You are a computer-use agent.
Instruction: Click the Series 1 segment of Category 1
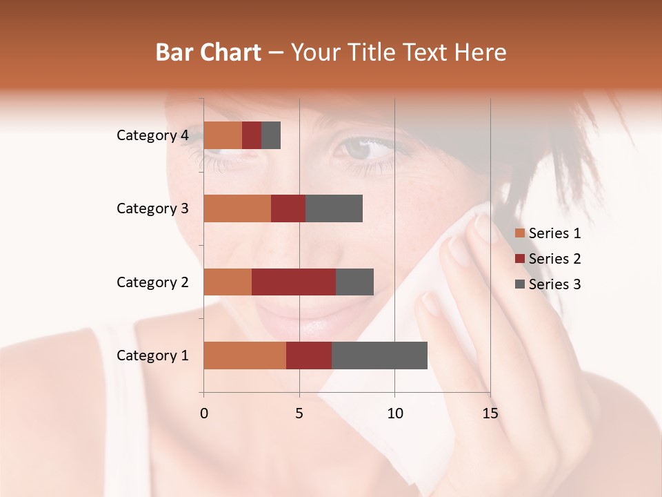pyautogui.click(x=245, y=355)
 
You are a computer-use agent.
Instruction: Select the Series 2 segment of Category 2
pyautogui.click(x=294, y=282)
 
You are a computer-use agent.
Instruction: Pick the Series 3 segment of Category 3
pyautogui.click(x=334, y=208)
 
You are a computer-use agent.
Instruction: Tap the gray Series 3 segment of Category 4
pyautogui.click(x=271, y=135)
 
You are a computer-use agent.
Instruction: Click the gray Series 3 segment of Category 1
pyautogui.click(x=379, y=355)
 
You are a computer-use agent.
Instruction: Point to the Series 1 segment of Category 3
pyautogui.click(x=237, y=208)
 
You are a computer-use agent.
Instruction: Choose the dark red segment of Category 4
pyautogui.click(x=252, y=135)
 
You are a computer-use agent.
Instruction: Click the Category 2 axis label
pyautogui.click(x=152, y=282)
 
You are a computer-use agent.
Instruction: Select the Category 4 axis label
pyautogui.click(x=152, y=135)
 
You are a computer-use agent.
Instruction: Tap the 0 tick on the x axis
pyautogui.click(x=203, y=413)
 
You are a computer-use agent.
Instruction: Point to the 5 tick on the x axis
pyautogui.click(x=299, y=413)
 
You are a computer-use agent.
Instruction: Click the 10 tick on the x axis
pyautogui.click(x=394, y=413)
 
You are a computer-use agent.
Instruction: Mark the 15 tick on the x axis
pyautogui.click(x=490, y=413)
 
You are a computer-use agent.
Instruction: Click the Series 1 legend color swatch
pyautogui.click(x=519, y=233)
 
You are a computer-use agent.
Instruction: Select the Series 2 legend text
pyautogui.click(x=554, y=259)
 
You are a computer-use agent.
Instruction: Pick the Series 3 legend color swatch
pyautogui.click(x=519, y=284)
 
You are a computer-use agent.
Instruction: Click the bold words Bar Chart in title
pyautogui.click(x=208, y=52)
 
